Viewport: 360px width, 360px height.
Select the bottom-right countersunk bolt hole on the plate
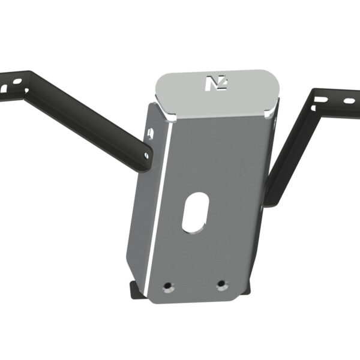222,283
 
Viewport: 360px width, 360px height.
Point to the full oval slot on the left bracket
17,80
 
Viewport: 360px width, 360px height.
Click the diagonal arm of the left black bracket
90,120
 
